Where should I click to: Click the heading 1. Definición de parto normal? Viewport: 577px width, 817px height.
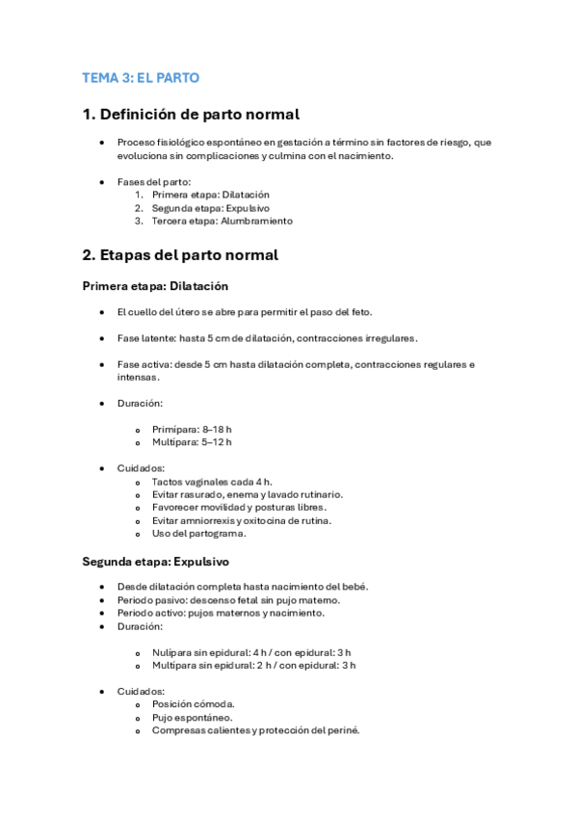coord(191,114)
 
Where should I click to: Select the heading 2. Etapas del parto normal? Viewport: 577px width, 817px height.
coord(180,255)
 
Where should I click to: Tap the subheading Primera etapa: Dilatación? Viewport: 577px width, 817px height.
coord(155,286)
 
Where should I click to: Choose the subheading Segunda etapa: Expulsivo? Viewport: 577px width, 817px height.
coord(155,561)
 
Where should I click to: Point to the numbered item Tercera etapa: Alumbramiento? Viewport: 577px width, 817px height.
coord(222,221)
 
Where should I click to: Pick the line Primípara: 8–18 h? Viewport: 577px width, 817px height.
coord(192,429)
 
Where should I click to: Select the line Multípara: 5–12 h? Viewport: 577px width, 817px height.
coord(192,442)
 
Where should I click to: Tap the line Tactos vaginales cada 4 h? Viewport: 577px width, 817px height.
coord(212,481)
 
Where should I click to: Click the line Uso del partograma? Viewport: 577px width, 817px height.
coord(198,533)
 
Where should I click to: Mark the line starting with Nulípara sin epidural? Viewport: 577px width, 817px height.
coord(251,651)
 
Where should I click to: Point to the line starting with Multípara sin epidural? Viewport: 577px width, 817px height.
coord(253,665)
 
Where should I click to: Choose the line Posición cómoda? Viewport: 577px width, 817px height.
coord(192,703)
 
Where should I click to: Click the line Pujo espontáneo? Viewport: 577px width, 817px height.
coord(192,717)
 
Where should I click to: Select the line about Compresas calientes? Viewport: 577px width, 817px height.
coord(255,730)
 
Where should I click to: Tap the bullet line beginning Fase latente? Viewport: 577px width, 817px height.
coord(267,338)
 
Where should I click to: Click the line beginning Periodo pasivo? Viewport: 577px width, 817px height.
coord(228,599)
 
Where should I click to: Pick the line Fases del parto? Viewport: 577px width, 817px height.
coord(154,181)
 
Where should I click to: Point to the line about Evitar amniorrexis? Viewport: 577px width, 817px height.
coord(242,520)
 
